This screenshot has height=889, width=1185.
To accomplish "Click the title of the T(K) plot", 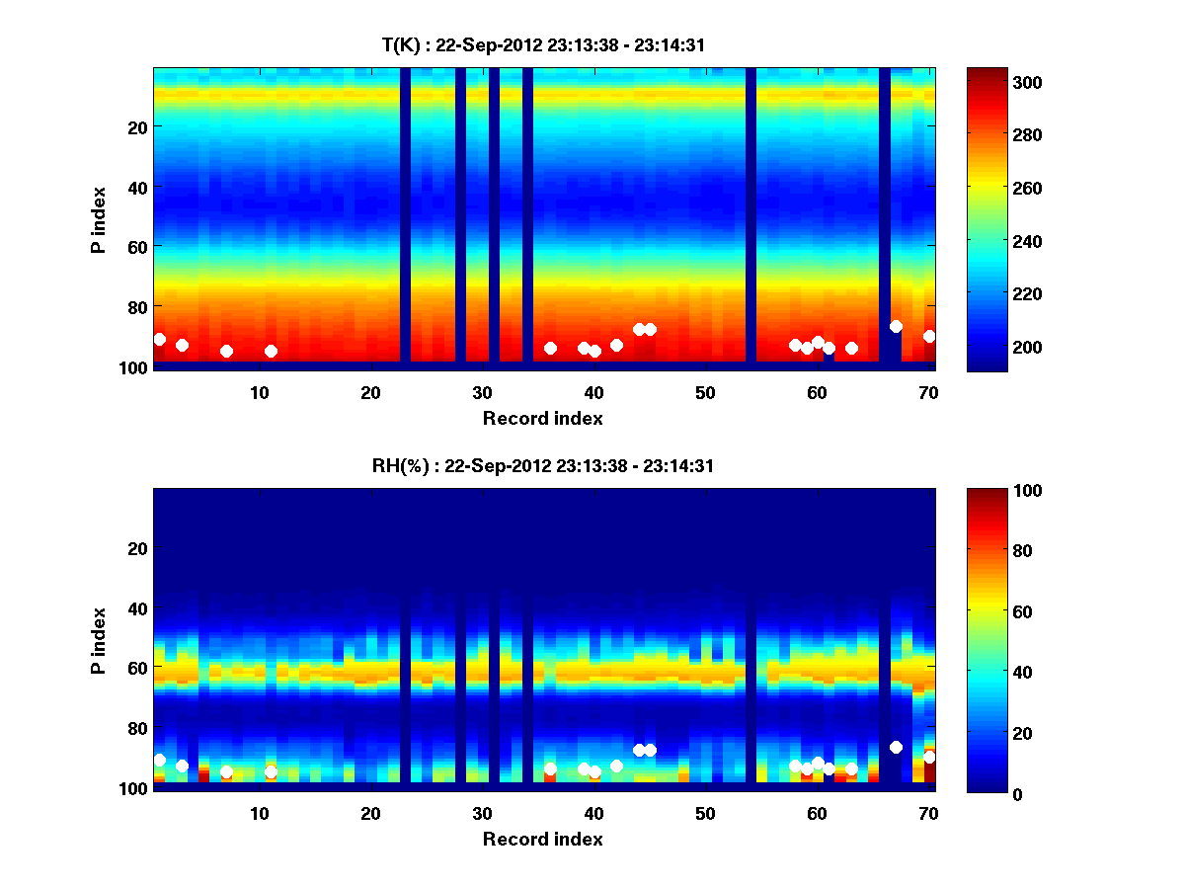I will [x=542, y=44].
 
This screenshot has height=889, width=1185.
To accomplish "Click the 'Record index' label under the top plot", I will [x=542, y=418].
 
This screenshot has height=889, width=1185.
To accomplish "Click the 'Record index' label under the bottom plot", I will [x=542, y=839].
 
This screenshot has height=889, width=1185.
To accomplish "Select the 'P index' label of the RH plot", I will [x=99, y=640].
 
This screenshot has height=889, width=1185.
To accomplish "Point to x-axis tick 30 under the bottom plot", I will [x=482, y=813].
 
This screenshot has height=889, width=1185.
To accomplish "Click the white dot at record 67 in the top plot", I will [x=896, y=326].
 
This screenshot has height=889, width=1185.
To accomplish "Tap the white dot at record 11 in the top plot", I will [x=271, y=351].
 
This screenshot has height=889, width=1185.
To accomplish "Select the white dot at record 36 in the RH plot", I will [x=550, y=768].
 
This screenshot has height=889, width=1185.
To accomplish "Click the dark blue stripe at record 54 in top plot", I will [x=750, y=217].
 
